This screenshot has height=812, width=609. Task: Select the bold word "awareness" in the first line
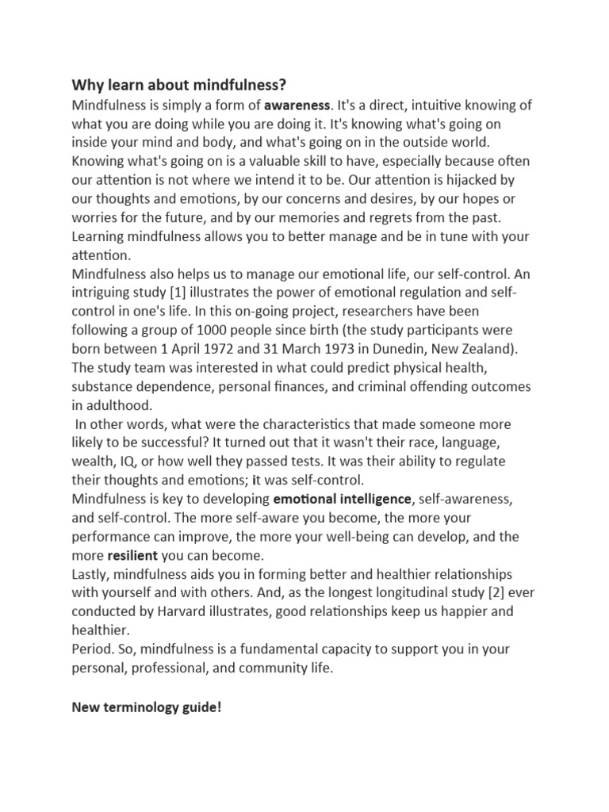[297, 105]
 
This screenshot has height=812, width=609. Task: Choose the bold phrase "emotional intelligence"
[343, 498]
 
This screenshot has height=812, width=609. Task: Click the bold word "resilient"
[132, 555]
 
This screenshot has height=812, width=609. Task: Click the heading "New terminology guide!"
[147, 707]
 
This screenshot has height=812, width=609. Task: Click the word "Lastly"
[90, 573]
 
